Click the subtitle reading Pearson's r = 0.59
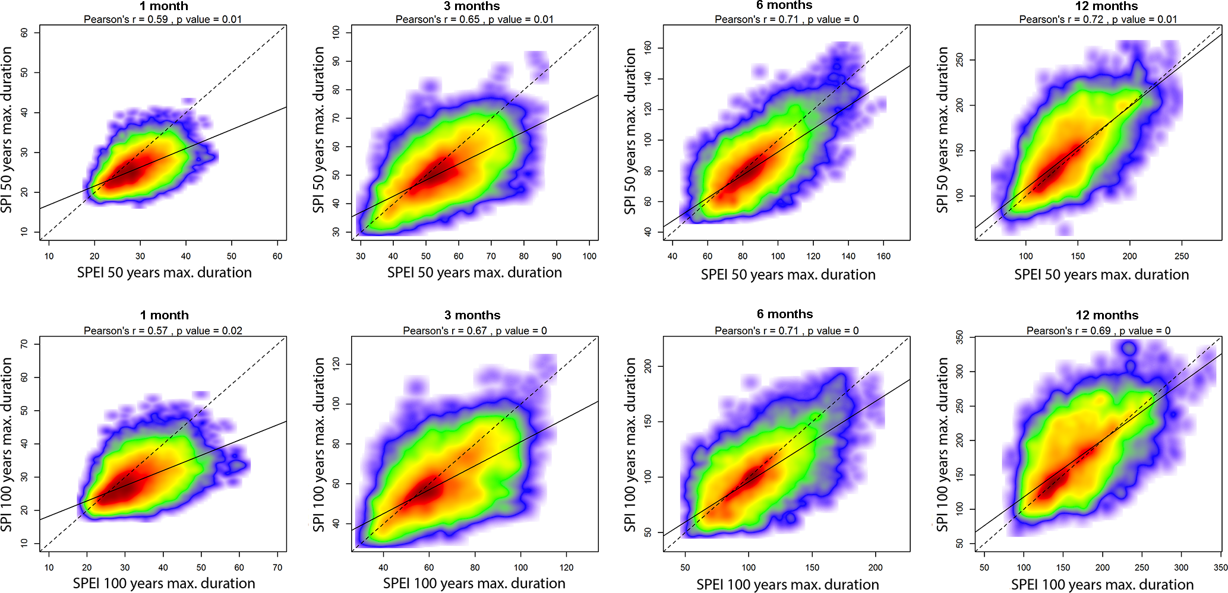(x=163, y=19)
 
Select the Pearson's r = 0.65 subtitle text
(x=475, y=19)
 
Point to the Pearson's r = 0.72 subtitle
(x=1098, y=19)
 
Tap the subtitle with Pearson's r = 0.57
(x=163, y=331)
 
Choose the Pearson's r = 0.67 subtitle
(x=475, y=331)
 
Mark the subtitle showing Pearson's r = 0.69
(x=1098, y=331)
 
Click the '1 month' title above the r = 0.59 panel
(x=164, y=6)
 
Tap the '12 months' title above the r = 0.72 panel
(x=1106, y=6)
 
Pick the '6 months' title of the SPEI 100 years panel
(x=785, y=314)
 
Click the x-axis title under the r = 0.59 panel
(x=165, y=272)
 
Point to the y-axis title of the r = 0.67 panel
(x=318, y=444)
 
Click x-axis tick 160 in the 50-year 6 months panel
(x=883, y=256)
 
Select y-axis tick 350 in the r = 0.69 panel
(x=959, y=338)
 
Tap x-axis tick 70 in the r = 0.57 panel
(x=277, y=567)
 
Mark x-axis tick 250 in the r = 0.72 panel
(x=1182, y=256)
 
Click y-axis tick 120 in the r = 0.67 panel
(x=336, y=364)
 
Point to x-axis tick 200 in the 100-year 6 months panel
(x=876, y=567)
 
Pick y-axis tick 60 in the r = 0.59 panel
(x=24, y=33)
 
